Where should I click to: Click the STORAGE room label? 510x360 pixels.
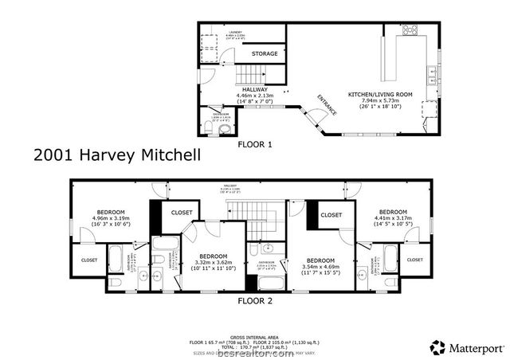265,53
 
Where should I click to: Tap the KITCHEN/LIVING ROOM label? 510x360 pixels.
380,95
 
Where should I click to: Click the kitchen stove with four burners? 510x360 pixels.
411,31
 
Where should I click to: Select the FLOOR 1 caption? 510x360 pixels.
255,145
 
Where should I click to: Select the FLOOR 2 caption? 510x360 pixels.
255,301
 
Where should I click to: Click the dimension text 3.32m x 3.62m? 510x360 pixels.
211,262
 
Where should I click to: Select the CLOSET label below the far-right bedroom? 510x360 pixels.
414,260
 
